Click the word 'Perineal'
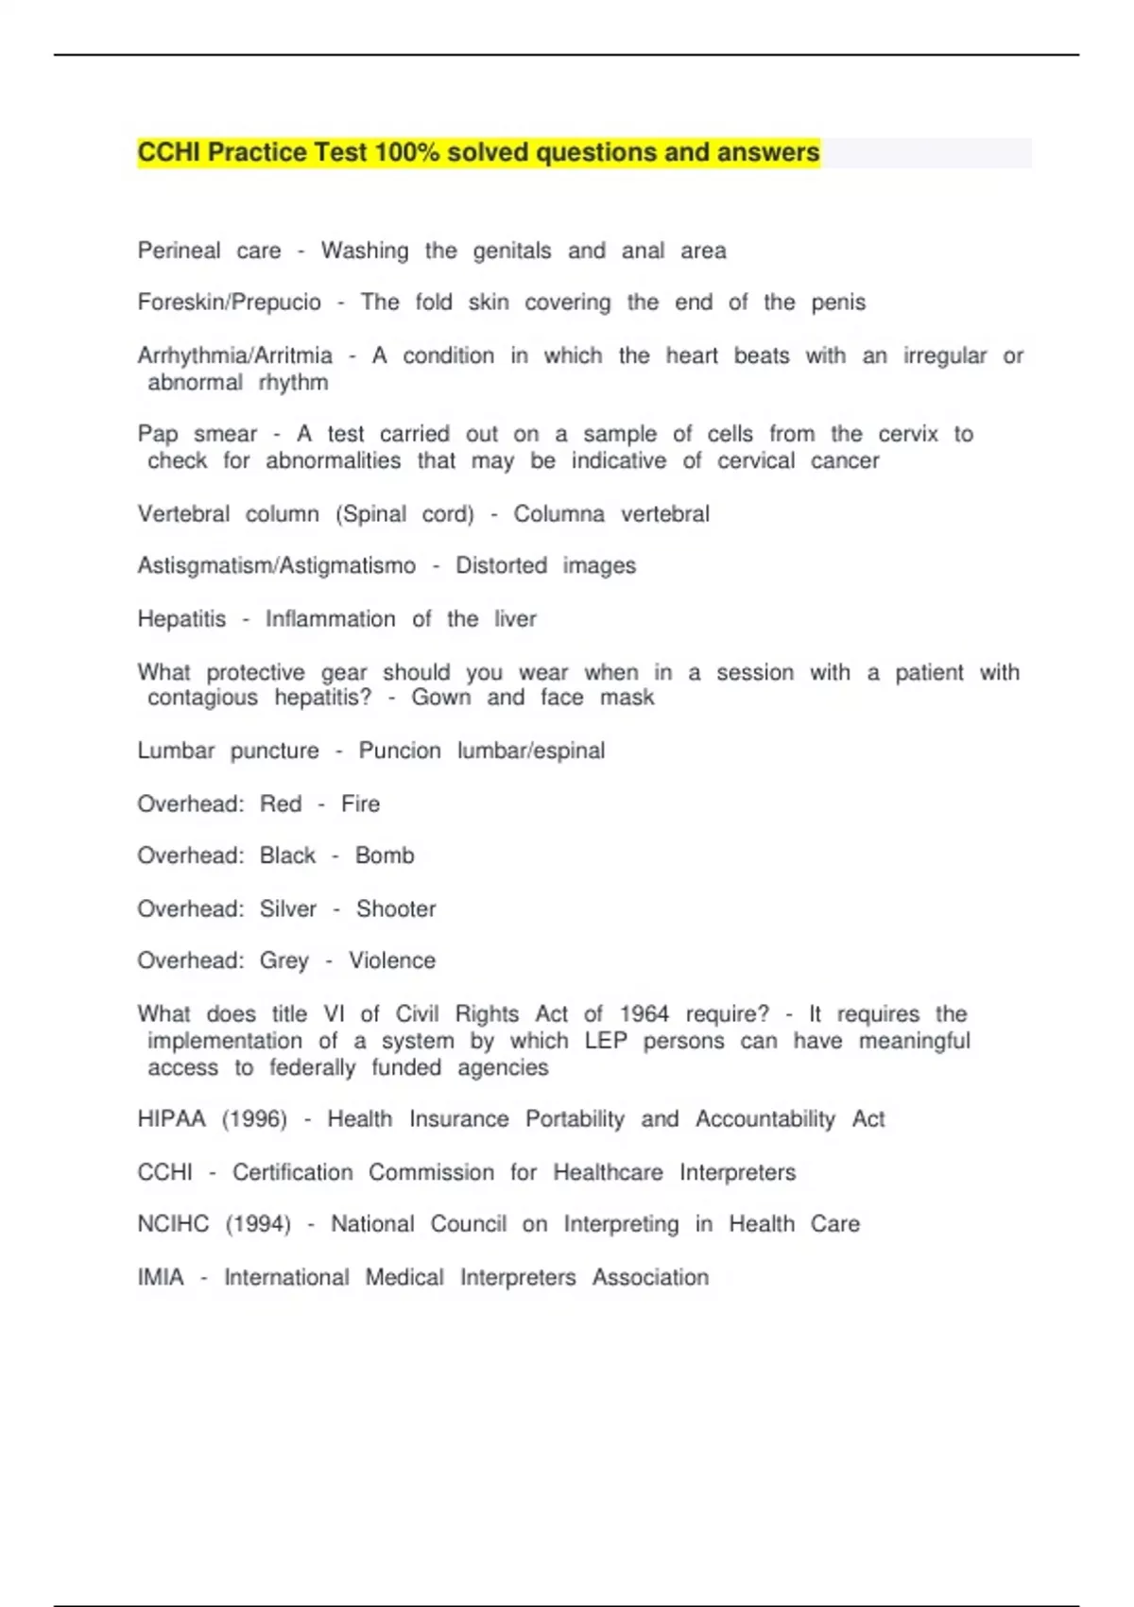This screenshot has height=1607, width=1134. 179,251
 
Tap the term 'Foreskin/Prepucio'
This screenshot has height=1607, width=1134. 229,302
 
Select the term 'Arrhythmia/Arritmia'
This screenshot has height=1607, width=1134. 234,355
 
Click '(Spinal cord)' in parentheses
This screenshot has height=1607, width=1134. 404,514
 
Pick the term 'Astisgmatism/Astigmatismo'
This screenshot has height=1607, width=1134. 276,565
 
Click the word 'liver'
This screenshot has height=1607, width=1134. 515,619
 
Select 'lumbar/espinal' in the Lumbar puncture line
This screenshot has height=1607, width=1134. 531,751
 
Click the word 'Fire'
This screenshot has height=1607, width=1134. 360,803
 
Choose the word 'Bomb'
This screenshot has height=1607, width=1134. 385,855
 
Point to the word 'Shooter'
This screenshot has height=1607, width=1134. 396,908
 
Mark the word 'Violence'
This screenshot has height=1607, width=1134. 392,960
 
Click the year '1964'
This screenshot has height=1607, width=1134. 644,1014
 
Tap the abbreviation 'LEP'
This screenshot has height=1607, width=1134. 606,1041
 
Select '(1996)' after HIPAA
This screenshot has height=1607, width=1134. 254,1119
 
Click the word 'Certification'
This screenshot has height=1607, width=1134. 293,1172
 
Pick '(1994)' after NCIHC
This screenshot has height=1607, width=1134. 258,1224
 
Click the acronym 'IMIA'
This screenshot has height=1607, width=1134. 161,1277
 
